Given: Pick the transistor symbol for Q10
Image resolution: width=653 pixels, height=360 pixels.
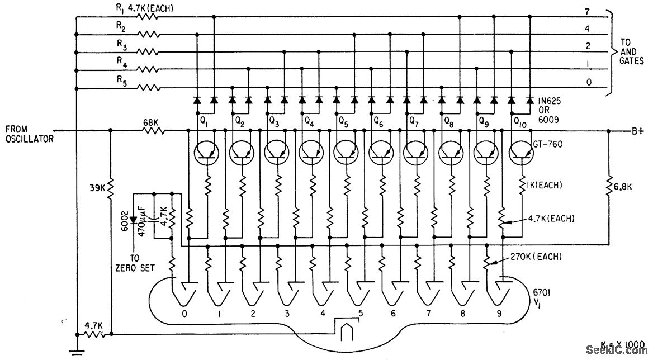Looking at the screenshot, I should pyautogui.click(x=521, y=151).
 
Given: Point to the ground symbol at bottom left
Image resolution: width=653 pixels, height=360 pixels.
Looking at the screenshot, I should pyautogui.click(x=75, y=351).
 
